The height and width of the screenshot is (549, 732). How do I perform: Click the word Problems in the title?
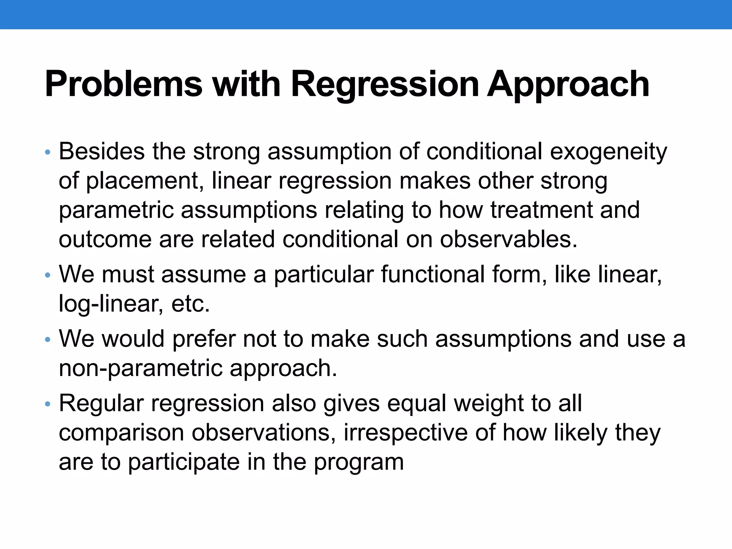click(123, 84)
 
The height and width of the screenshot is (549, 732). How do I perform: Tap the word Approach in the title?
click(568, 84)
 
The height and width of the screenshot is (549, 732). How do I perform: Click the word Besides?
click(102, 152)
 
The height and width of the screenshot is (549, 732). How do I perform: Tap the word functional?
click(432, 274)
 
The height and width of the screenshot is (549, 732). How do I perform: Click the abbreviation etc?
click(191, 304)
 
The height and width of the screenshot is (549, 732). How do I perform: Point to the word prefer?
click(204, 339)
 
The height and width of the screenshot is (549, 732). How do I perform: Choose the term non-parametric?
click(140, 368)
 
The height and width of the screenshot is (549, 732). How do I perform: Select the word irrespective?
click(406, 433)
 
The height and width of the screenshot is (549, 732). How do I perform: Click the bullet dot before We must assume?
click(48, 276)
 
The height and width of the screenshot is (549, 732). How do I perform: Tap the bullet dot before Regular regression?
click(48, 405)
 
